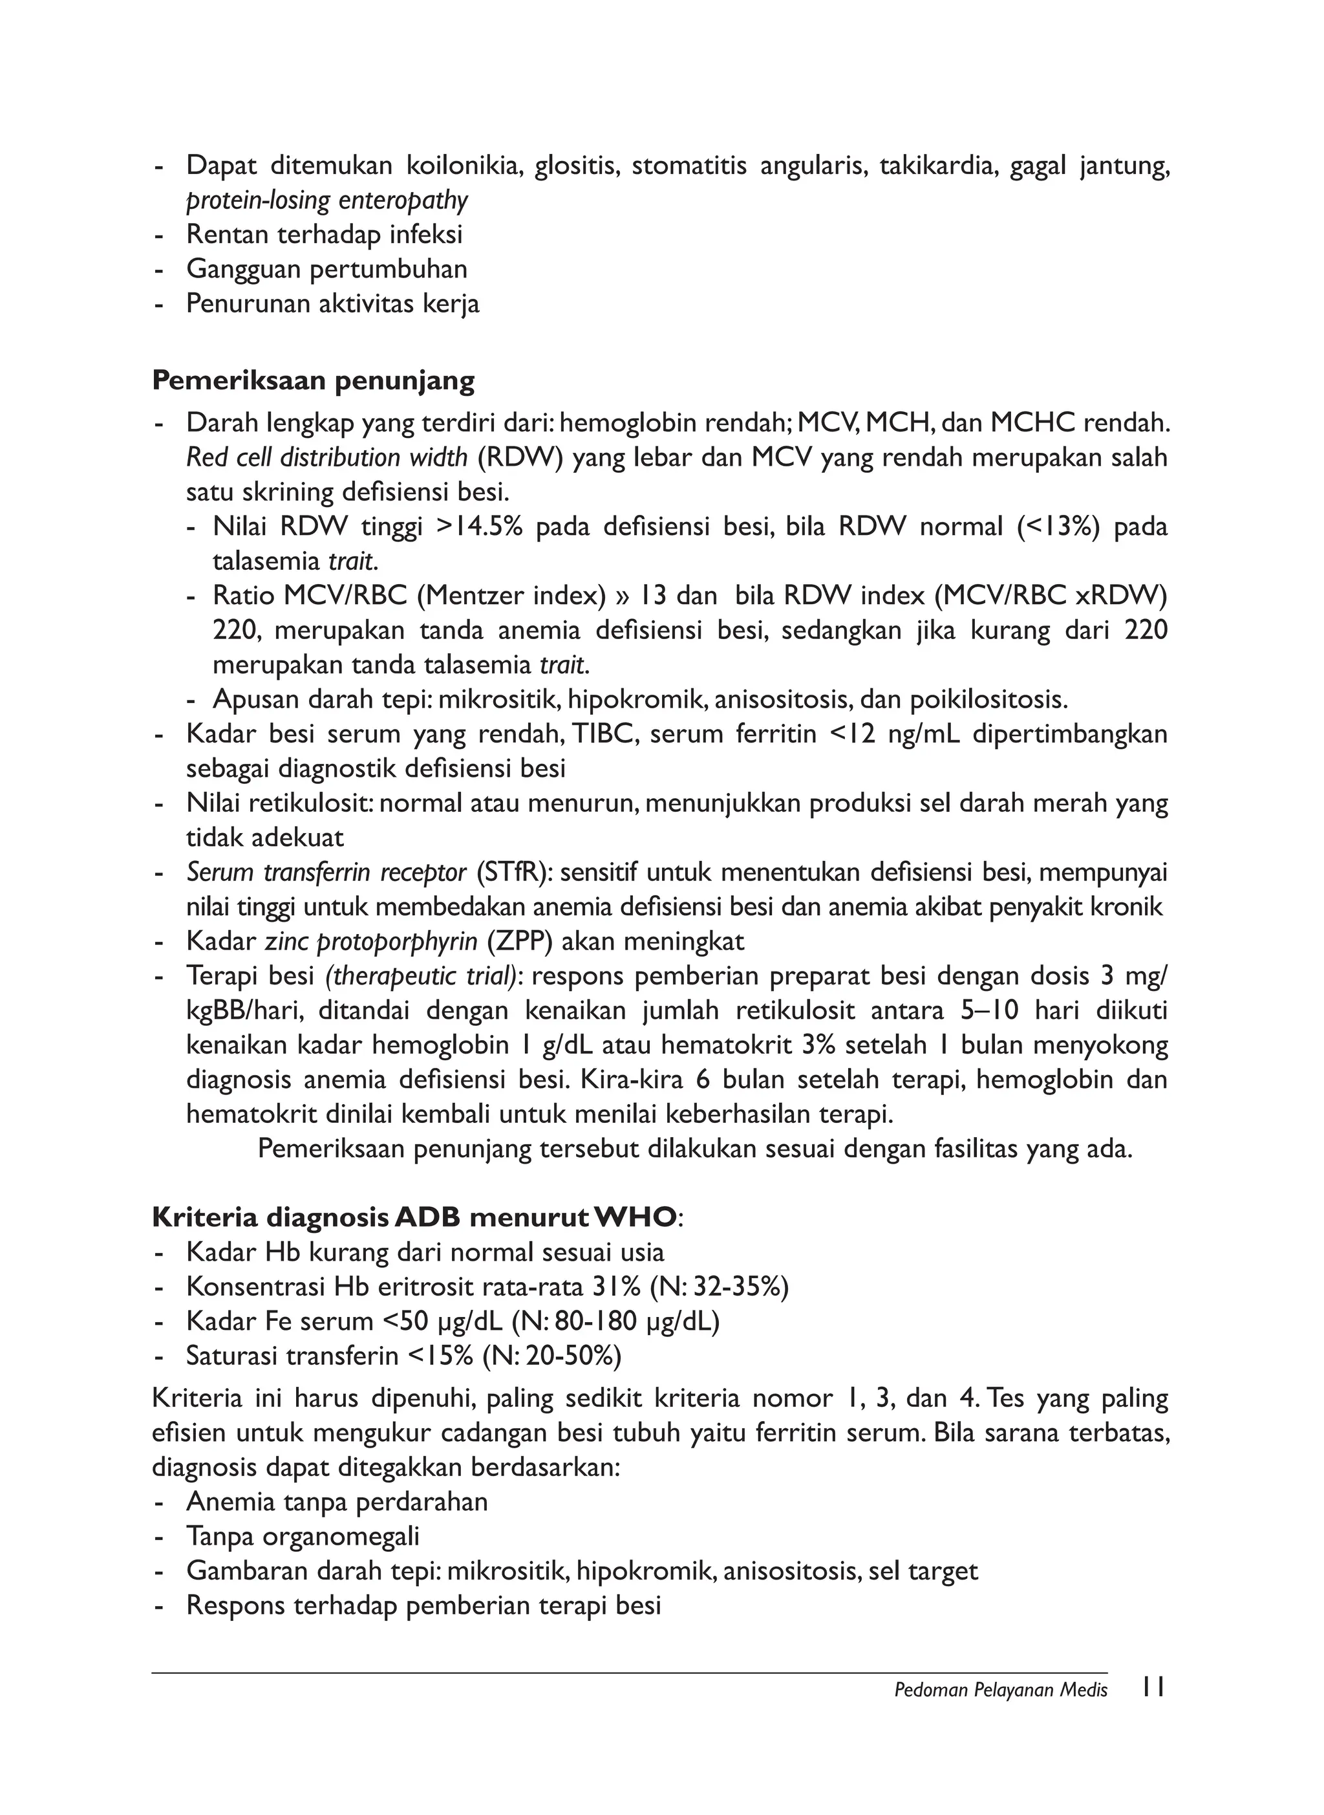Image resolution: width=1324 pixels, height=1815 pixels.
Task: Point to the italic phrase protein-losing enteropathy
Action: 327,201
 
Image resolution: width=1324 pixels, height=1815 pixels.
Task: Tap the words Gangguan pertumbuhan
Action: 326,269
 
